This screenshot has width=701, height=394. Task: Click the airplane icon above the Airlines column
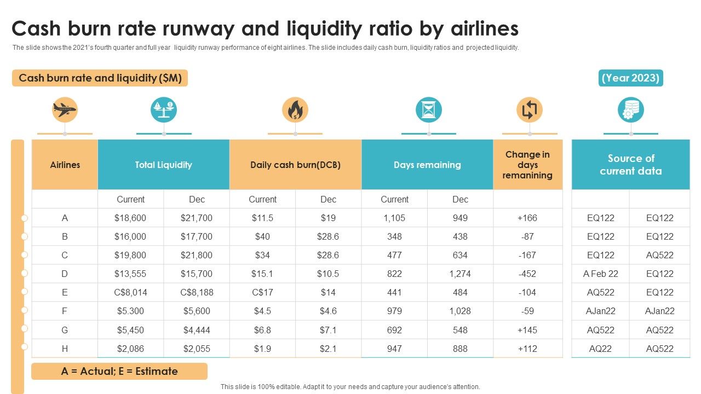(65, 110)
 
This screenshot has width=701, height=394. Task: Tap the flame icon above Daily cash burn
(295, 110)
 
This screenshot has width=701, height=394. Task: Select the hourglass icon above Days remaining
(428, 110)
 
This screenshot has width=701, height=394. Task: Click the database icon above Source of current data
(631, 110)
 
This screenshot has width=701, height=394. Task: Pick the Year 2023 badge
(631, 78)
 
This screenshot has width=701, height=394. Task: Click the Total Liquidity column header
(163, 165)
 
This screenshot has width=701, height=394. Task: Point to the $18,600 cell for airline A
(130, 218)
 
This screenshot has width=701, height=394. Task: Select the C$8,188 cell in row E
(197, 292)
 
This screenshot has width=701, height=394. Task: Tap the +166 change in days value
(527, 218)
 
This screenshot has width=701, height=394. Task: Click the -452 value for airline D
(527, 274)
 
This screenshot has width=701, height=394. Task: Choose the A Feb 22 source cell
(600, 274)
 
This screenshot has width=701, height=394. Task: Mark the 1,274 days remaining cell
(460, 274)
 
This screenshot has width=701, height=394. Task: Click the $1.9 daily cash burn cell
(262, 349)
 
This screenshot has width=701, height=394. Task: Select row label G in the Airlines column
(65, 330)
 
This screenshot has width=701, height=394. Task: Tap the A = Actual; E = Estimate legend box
(119, 371)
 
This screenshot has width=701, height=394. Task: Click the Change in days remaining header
(527, 165)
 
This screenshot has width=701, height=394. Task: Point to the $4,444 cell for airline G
(197, 330)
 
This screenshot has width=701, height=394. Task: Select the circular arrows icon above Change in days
(529, 110)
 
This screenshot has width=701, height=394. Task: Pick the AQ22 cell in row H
(600, 349)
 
